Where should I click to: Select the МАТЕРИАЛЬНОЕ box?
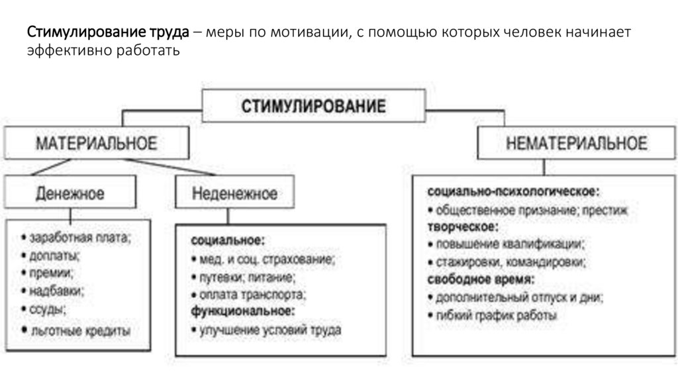pos(97,143)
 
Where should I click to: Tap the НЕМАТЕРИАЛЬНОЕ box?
pos(576,143)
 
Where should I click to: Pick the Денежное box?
pos(70,193)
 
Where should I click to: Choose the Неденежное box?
pos(235,193)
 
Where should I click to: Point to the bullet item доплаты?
pos(54,255)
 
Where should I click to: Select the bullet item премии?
pos(50,272)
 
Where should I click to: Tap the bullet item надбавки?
pos(56,290)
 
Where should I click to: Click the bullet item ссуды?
pos(47,308)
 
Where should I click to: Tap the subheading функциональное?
pos(242,310)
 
